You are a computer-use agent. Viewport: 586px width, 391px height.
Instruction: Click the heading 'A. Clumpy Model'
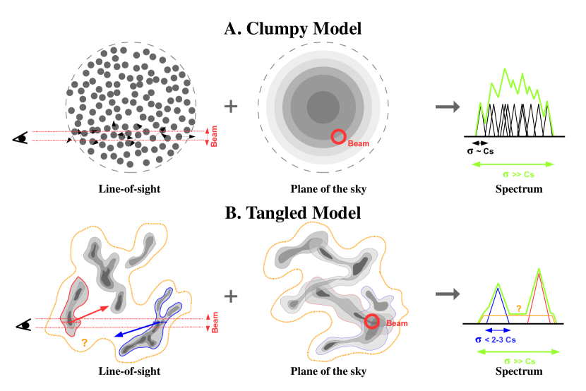click(293, 29)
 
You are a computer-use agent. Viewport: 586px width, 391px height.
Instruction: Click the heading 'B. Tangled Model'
click(293, 212)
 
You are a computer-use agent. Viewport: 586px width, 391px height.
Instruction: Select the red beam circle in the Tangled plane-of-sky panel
click(373, 322)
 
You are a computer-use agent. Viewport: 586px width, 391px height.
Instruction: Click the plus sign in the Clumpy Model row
click(230, 107)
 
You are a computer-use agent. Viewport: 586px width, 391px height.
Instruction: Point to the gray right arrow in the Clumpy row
click(446, 107)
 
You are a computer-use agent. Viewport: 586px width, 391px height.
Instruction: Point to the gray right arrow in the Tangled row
click(446, 292)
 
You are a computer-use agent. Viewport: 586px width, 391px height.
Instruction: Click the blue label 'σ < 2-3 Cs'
click(498, 339)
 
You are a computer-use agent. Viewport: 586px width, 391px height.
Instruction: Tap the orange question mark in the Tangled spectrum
click(519, 308)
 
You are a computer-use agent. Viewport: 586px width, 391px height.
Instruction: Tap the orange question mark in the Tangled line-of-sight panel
click(84, 342)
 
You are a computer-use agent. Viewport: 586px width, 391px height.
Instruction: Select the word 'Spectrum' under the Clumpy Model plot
click(519, 189)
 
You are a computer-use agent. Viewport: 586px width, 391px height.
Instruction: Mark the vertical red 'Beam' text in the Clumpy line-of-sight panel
click(215, 136)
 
